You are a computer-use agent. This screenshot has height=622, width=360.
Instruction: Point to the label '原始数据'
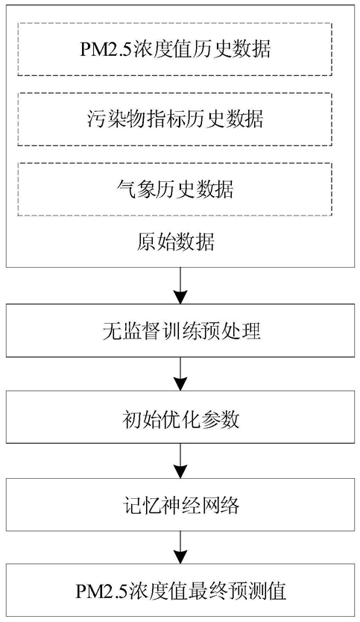click(x=175, y=242)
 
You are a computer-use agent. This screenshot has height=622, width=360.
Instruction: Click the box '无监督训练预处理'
click(x=180, y=330)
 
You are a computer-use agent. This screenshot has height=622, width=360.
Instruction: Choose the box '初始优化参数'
click(x=180, y=417)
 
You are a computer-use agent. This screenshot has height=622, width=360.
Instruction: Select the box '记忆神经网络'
click(x=180, y=504)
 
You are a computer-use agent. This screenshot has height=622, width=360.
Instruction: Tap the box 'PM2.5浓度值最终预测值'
click(x=180, y=591)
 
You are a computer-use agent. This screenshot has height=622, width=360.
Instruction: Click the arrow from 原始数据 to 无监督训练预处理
click(x=180, y=285)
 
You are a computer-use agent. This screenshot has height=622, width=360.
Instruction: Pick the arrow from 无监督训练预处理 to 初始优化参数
click(x=180, y=374)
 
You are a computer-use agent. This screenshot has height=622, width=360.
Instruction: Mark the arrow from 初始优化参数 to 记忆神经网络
click(x=180, y=461)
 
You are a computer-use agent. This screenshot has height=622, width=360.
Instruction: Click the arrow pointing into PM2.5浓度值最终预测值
click(x=180, y=547)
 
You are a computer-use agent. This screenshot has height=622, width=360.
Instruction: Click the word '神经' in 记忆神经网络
click(x=181, y=504)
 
